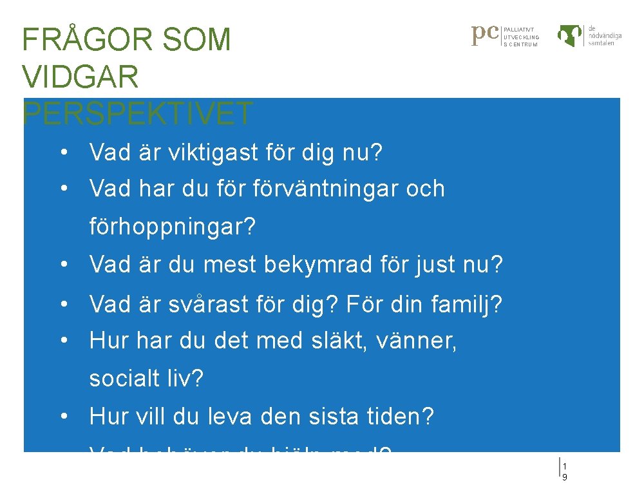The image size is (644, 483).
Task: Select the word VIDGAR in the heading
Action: click(x=80, y=77)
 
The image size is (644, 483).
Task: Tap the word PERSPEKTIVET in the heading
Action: click(x=138, y=114)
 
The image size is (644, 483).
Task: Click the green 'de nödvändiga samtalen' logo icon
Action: click(x=570, y=35)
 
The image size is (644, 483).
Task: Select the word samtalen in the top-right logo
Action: click(x=601, y=43)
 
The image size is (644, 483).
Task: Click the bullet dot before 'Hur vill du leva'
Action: click(x=64, y=417)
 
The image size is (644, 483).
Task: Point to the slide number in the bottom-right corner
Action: click(x=565, y=471)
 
